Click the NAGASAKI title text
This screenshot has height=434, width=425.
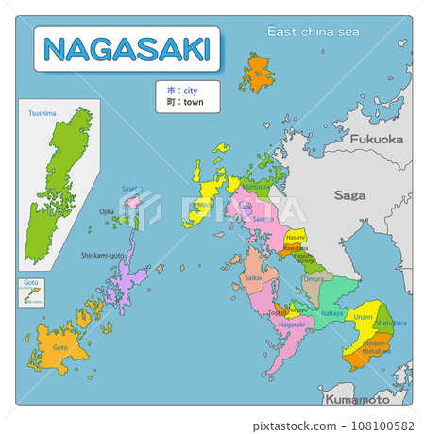click(127, 49)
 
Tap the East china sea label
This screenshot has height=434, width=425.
click(314, 32)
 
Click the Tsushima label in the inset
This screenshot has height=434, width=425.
click(42, 113)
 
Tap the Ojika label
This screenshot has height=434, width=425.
click(107, 211)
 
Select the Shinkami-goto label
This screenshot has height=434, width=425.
click(103, 254)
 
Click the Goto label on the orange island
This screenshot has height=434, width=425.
click(59, 346)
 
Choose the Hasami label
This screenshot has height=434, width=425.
click(296, 238)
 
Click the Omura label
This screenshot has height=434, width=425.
click(313, 279)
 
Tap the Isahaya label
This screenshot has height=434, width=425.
click(331, 311)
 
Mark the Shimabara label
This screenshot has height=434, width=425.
click(384, 323)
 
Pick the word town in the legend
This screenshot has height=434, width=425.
click(192, 101)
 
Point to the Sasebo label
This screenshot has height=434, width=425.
click(263, 219)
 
